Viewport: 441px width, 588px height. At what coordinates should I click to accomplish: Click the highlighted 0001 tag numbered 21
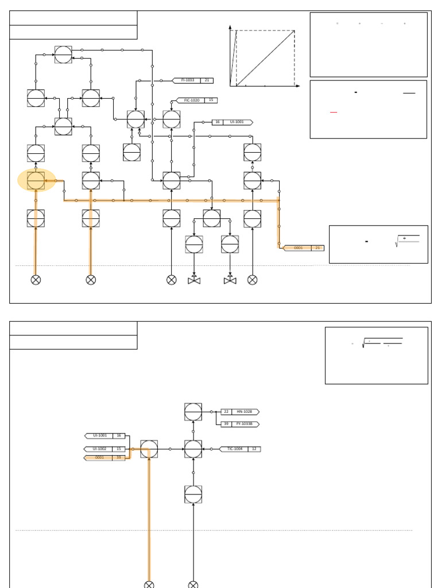pos(303,248)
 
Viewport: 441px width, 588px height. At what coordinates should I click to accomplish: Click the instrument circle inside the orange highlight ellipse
pos(36,180)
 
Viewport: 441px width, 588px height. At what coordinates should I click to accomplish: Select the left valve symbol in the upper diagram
pos(194,280)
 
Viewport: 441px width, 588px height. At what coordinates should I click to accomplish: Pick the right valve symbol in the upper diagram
pos(230,280)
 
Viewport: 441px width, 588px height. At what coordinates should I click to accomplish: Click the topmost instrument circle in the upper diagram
pos(63,55)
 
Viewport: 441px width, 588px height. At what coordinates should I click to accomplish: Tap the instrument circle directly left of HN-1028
pos(193,412)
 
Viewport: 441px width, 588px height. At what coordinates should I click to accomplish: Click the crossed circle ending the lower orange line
pos(149,585)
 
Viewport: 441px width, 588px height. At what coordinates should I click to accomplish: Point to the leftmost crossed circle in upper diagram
pos(36,280)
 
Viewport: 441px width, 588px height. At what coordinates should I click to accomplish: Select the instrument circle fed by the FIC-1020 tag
pos(171,119)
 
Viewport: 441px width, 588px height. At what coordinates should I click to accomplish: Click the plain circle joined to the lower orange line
pos(149,449)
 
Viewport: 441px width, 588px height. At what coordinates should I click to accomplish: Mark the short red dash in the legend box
pos(334,113)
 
